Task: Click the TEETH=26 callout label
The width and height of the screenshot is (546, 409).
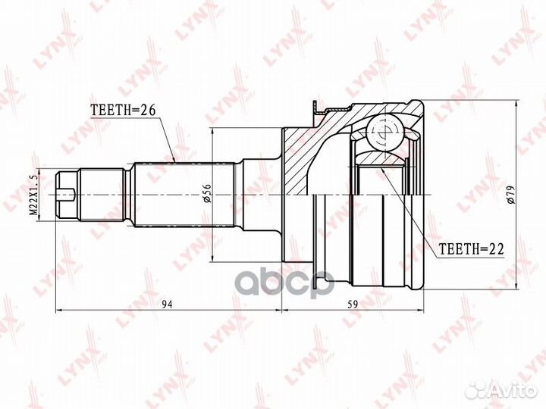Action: pos(123,110)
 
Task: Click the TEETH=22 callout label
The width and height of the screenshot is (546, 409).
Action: pos(471,249)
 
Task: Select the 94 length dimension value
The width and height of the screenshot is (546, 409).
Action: pos(168,304)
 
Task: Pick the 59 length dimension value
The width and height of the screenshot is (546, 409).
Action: pos(353,304)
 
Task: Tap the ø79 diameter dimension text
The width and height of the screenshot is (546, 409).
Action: pos(510,195)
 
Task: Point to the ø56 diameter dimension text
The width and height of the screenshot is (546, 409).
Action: pos(207,193)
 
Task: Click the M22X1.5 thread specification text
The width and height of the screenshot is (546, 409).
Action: pos(34,195)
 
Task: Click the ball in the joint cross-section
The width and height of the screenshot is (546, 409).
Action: pos(385,133)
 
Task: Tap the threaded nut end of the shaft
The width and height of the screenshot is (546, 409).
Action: pos(66,195)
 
